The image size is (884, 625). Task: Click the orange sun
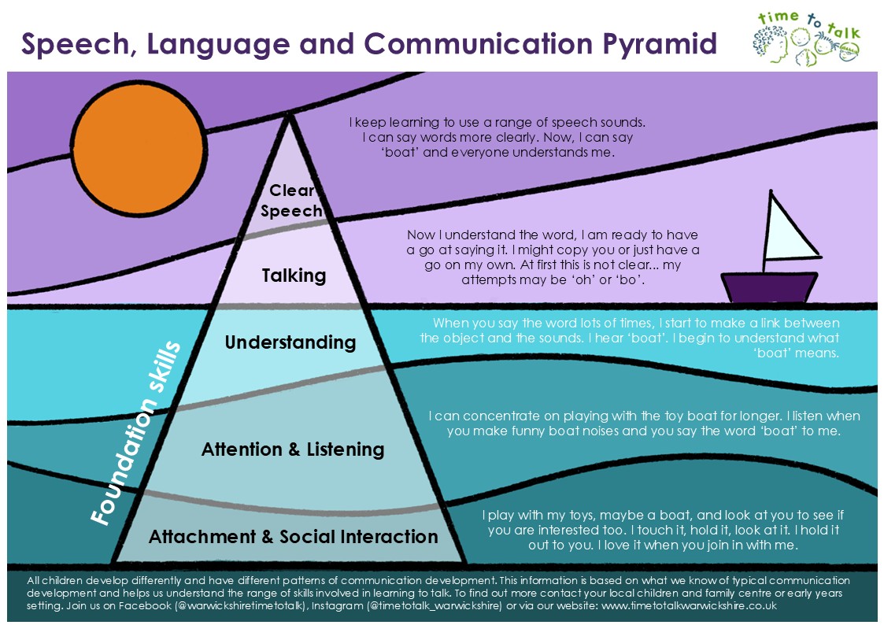pyautogui.click(x=139, y=148)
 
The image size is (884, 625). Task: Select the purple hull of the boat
pyautogui.click(x=769, y=287)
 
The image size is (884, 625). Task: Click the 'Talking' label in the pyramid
pyautogui.click(x=294, y=276)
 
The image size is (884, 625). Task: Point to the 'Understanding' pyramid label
pyautogui.click(x=290, y=342)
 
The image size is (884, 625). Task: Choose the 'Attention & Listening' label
pyautogui.click(x=293, y=449)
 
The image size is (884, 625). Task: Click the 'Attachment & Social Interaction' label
pyautogui.click(x=293, y=537)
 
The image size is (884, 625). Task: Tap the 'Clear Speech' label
pyautogui.click(x=291, y=201)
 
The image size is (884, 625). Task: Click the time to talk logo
pyautogui.click(x=806, y=38)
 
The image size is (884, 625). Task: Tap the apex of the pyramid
pyautogui.click(x=289, y=115)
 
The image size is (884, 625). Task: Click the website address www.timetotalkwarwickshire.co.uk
pyautogui.click(x=689, y=606)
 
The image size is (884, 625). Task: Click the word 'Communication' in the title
pyautogui.click(x=478, y=43)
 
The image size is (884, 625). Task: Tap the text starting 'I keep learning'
pyautogui.click(x=497, y=138)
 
